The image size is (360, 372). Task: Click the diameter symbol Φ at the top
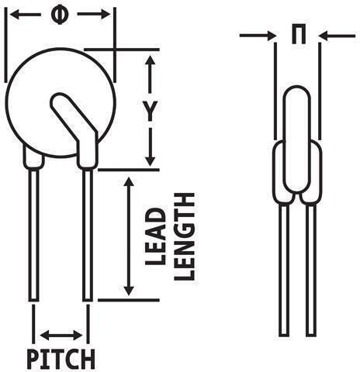[60, 15]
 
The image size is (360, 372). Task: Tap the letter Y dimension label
[151, 112]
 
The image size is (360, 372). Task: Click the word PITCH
[61, 359]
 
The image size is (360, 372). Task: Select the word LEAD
[155, 237]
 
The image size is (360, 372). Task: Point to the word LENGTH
[184, 236]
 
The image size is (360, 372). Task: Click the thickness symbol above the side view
[299, 34]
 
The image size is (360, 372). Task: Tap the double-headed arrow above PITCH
[61, 336]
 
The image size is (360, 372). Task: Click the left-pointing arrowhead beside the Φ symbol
[15, 15]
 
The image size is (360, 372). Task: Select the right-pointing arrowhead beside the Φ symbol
[106, 15]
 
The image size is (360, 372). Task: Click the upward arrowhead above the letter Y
[150, 60]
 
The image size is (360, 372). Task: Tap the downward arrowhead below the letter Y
[150, 161]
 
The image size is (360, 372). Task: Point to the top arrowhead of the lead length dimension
[129, 182]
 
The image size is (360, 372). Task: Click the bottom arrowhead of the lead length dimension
[129, 291]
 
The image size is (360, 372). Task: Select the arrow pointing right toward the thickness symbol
[258, 36]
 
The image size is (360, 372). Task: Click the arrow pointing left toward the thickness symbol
[337, 36]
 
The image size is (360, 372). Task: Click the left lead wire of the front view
[33, 235]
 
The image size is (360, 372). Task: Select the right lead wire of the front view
[88, 235]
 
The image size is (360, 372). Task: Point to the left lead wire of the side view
[284, 270]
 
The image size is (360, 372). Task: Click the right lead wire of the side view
[311, 270]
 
